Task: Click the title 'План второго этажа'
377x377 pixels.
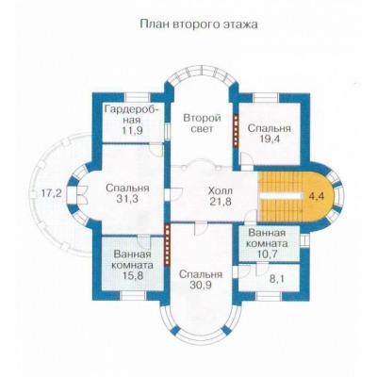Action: [x=199, y=25]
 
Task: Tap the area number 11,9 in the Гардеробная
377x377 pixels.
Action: [x=133, y=130]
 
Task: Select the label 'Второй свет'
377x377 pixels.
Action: [x=203, y=123]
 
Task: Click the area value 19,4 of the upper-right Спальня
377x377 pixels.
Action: [x=270, y=139]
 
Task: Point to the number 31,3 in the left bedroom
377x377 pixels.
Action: [x=127, y=199]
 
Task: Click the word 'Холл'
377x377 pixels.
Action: [x=221, y=190]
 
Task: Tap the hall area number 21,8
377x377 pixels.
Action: [x=221, y=201]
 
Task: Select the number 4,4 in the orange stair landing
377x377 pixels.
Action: [x=317, y=196]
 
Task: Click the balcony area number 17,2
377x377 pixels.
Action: [x=52, y=194]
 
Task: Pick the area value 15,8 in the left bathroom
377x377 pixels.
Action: [x=133, y=275]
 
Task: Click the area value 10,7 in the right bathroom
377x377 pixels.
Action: [x=267, y=254]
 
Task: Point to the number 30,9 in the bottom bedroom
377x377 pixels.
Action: [x=201, y=285]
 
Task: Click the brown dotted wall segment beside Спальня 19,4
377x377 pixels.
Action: [x=236, y=130]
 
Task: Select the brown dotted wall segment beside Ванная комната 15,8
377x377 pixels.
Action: [x=168, y=245]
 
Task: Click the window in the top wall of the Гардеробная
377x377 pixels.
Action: [x=137, y=97]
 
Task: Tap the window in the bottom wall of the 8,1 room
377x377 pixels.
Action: [x=269, y=296]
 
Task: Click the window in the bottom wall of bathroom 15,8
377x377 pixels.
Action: [x=134, y=296]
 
